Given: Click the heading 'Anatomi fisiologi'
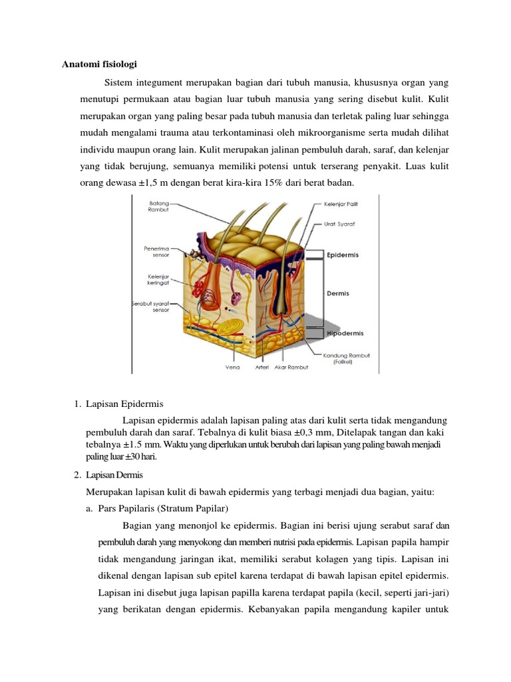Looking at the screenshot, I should (99, 65).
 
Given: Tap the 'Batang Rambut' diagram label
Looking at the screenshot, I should (158, 206).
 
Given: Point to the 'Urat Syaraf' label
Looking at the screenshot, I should (340, 224).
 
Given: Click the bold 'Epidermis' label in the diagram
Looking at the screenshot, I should (343, 254).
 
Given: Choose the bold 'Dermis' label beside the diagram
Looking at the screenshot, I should (338, 293).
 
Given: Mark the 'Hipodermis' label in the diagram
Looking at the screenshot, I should (345, 333).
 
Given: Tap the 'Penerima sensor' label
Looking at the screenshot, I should (157, 251).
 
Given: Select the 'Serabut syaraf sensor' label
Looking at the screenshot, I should (150, 306).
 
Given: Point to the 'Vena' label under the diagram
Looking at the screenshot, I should (232, 366).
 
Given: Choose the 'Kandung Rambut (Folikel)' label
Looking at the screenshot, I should (341, 358).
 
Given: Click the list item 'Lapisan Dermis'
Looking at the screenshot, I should (115, 475).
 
